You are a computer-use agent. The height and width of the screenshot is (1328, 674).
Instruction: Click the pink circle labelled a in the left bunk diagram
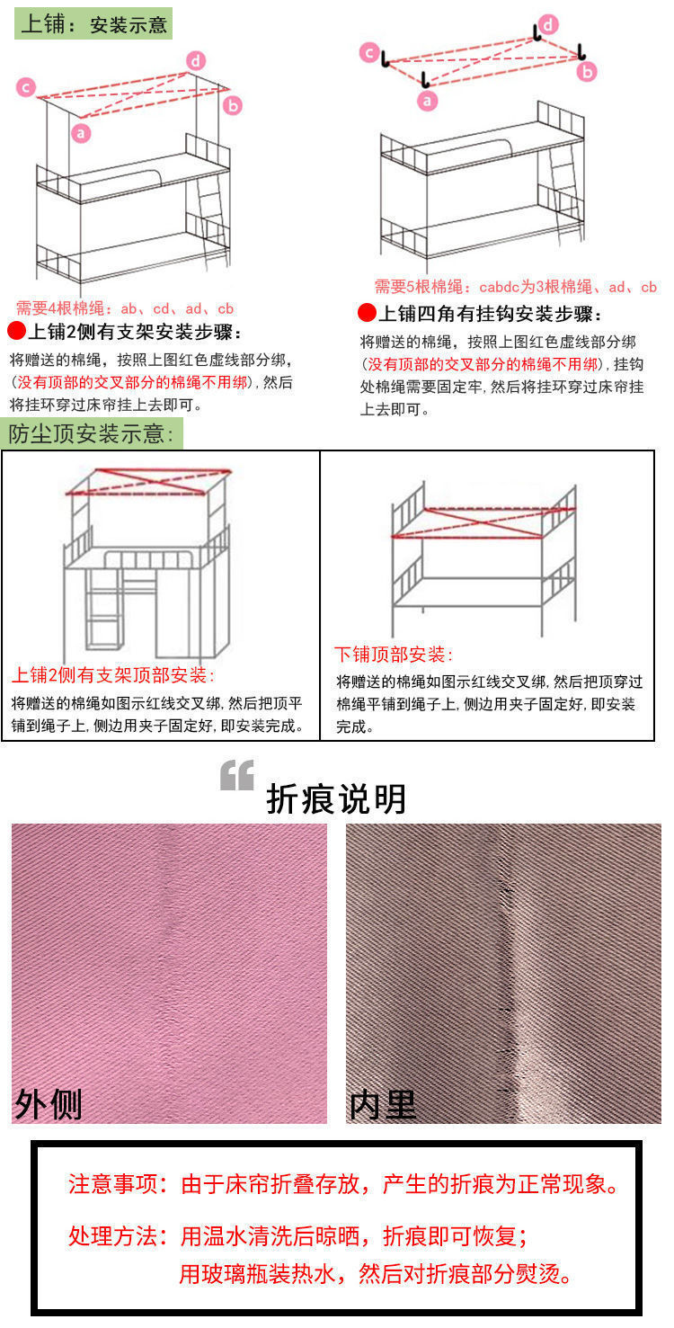(x=82, y=134)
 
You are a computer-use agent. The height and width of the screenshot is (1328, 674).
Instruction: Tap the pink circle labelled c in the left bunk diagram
(x=27, y=87)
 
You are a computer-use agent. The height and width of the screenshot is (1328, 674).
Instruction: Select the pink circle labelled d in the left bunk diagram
(x=197, y=61)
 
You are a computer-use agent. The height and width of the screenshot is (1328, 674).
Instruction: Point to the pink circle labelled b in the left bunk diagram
(x=233, y=105)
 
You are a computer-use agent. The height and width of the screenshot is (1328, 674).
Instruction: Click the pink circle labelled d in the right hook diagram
(x=547, y=24)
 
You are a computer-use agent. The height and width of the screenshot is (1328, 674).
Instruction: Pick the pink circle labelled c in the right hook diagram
(x=369, y=53)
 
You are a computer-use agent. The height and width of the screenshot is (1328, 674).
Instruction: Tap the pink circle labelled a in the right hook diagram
(x=428, y=100)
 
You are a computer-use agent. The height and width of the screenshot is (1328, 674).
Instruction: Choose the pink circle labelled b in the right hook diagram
(x=587, y=72)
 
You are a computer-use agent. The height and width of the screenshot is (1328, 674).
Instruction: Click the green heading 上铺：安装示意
(x=93, y=24)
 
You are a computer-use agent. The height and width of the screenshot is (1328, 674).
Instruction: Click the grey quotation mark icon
(x=237, y=775)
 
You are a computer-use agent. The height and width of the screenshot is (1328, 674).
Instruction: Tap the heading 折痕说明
(x=336, y=798)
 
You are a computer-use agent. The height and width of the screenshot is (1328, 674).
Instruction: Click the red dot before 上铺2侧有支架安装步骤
(x=16, y=332)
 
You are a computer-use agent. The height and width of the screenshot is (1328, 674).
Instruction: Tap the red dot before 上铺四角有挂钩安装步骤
(x=366, y=314)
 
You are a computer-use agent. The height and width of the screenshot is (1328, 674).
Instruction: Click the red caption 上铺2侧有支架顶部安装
(x=113, y=675)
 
